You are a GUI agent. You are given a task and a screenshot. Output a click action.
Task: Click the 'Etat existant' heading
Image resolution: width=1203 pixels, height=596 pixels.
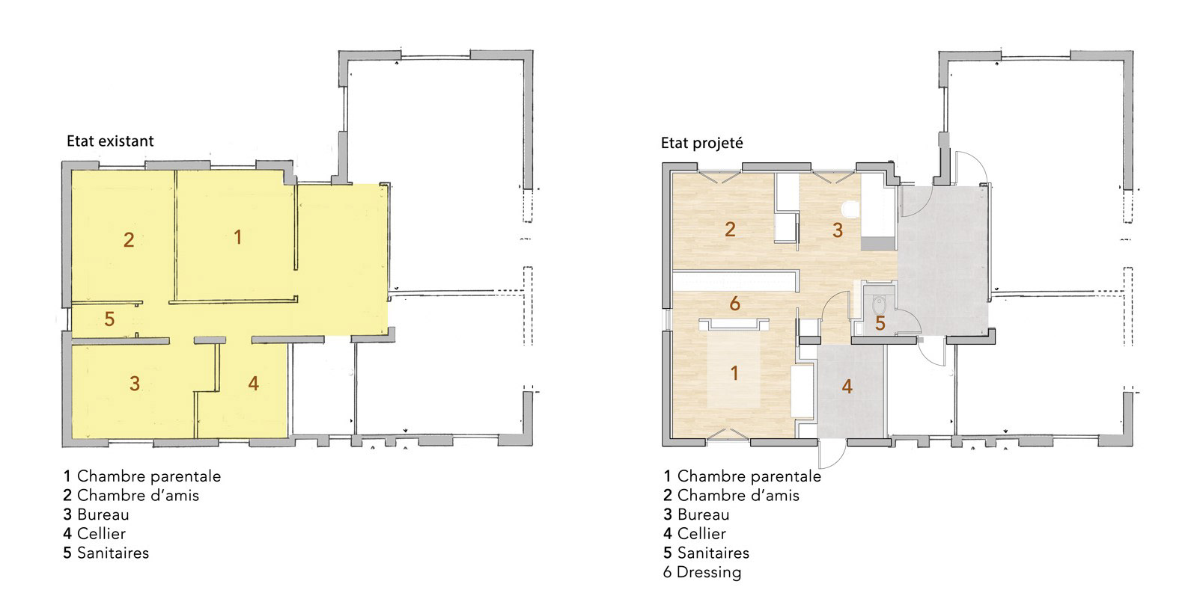[x=110, y=141]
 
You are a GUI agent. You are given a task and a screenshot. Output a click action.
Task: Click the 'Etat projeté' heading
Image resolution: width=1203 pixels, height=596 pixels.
[x=702, y=144]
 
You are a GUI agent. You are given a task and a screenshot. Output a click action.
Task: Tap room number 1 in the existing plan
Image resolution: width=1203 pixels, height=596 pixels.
[x=238, y=237]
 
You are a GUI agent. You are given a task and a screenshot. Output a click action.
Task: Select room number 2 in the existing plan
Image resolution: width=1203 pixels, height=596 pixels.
[x=128, y=240]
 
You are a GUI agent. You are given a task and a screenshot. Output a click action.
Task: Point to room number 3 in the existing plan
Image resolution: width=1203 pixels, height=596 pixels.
[x=135, y=384]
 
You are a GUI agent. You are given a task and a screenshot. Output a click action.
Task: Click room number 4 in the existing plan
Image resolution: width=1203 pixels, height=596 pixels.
[x=254, y=383]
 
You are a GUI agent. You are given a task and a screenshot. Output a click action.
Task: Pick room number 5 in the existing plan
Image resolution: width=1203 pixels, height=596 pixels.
[x=109, y=319]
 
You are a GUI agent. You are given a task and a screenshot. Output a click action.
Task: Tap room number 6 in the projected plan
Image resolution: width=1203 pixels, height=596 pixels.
[x=734, y=304]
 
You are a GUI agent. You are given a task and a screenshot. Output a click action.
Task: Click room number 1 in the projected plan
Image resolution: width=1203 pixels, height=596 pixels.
[x=734, y=373]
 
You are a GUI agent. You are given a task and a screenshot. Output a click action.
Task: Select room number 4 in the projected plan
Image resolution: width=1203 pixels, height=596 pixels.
[x=847, y=387]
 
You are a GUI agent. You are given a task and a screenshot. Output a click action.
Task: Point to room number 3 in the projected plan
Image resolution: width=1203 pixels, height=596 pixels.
[x=838, y=230]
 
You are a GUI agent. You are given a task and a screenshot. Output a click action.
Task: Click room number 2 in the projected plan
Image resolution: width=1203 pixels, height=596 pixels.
[x=730, y=230]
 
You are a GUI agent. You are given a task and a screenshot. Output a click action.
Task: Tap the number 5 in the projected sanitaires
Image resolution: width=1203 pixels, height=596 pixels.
[x=880, y=324]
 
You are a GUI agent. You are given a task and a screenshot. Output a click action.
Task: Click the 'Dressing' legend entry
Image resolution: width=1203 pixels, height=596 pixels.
[x=708, y=572]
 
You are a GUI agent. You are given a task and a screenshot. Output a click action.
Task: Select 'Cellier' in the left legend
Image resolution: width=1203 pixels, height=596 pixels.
[x=102, y=534]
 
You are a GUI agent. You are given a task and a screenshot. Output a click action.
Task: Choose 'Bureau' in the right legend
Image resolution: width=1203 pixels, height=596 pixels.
[x=704, y=514]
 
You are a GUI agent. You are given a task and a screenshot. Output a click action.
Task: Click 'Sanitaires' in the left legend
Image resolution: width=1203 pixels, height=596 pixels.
[x=113, y=553]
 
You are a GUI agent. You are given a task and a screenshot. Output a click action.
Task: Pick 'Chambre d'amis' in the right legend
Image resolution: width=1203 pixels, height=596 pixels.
[x=738, y=495]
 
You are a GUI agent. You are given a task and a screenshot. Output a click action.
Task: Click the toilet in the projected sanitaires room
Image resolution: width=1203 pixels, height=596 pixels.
[x=879, y=304]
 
